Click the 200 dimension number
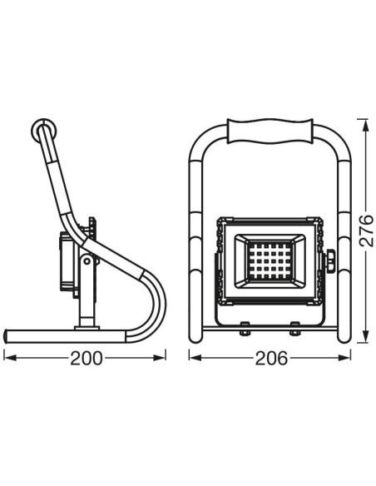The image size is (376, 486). [87, 359]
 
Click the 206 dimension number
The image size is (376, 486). [271, 359]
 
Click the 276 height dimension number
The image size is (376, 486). [367, 230]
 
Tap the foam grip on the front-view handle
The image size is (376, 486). [270, 131]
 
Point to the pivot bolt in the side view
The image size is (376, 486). [87, 261]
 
